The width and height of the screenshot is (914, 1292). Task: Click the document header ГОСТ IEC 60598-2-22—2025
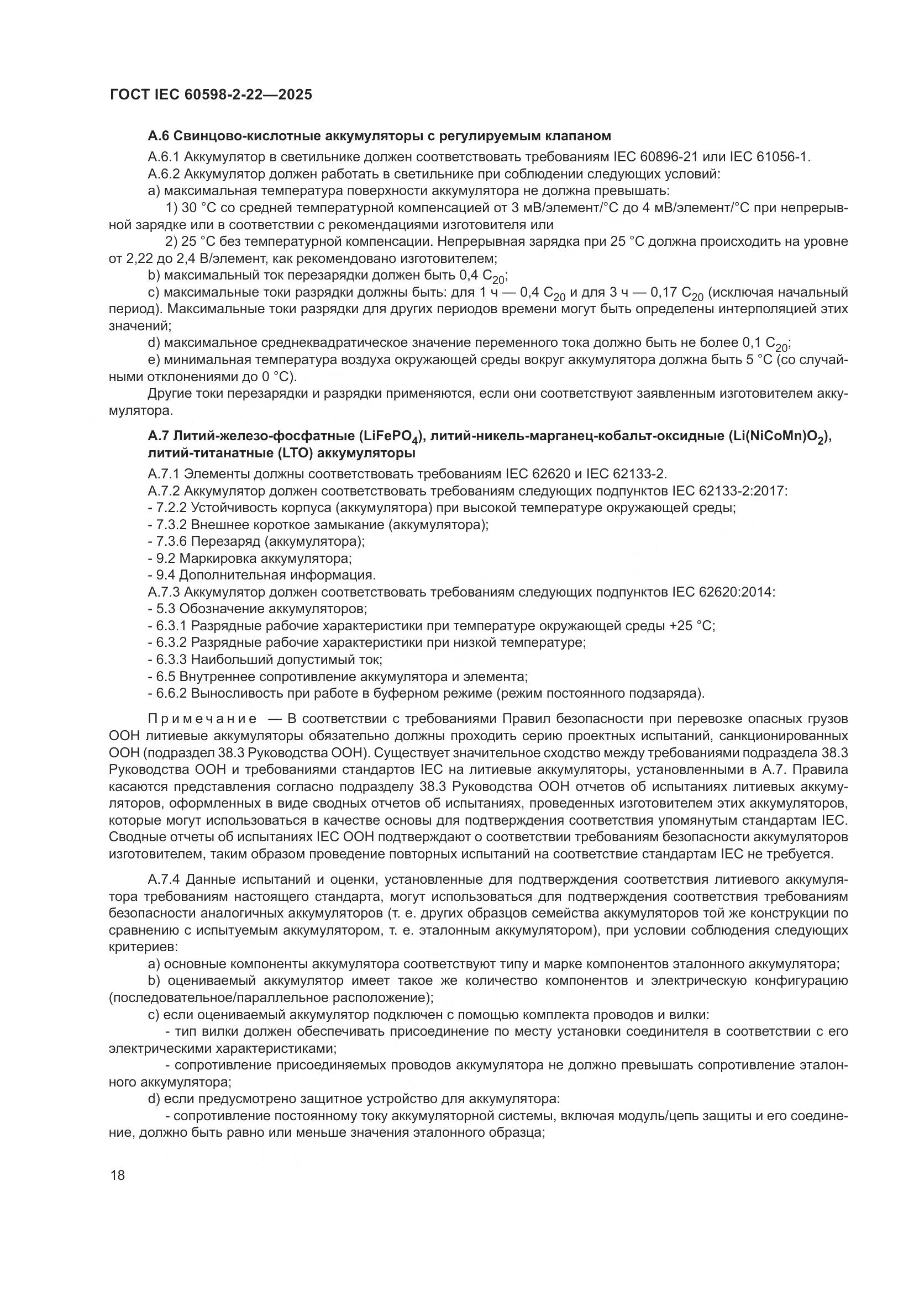point(211,95)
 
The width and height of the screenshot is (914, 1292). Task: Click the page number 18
point(118,1175)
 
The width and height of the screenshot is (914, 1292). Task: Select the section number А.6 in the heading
point(159,136)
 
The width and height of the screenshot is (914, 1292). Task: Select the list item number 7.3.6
point(172,542)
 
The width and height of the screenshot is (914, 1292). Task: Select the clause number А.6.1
point(164,157)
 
